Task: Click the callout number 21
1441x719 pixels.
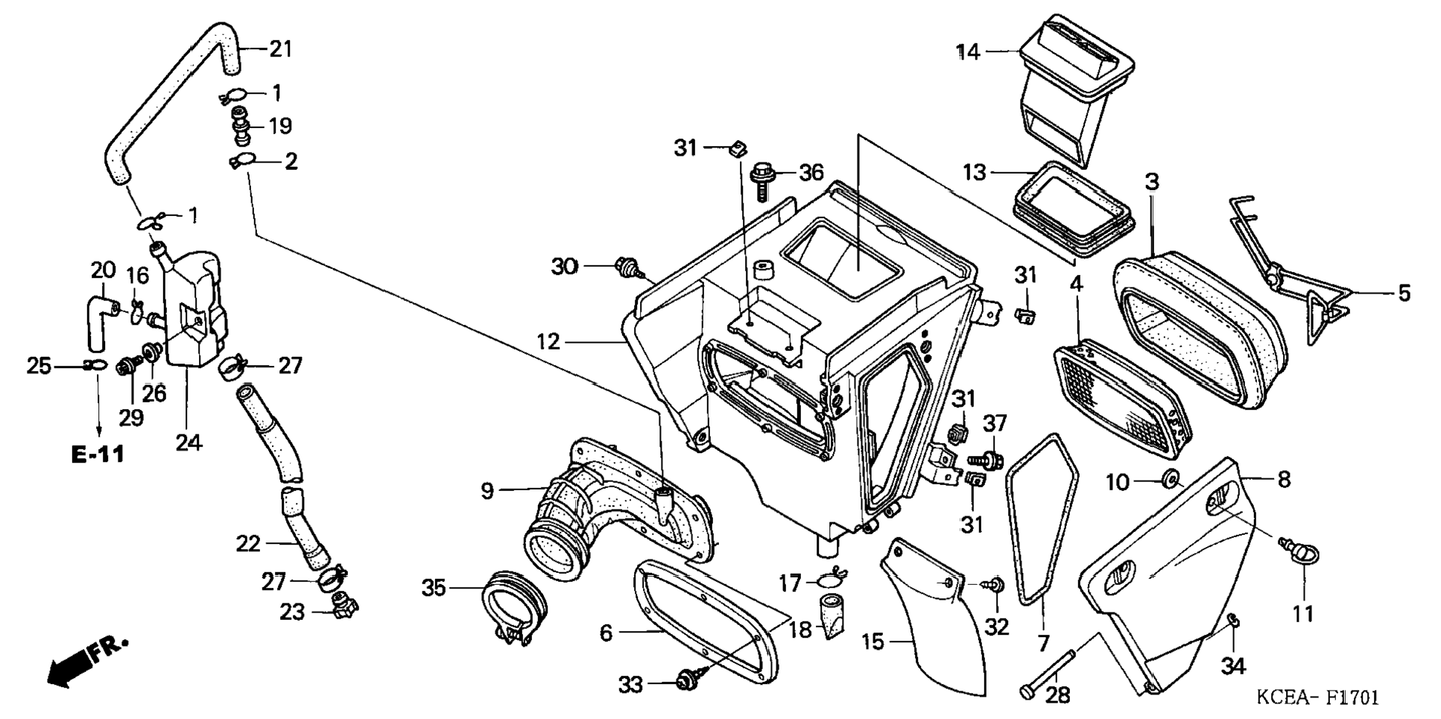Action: pyautogui.click(x=281, y=49)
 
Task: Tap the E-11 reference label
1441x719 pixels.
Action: pyautogui.click(x=98, y=454)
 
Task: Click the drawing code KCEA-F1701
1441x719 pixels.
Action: pyautogui.click(x=1317, y=697)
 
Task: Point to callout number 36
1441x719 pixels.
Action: pyautogui.click(x=811, y=173)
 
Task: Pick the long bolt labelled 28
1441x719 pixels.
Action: pyautogui.click(x=1049, y=674)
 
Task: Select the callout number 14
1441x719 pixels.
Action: pyautogui.click(x=969, y=52)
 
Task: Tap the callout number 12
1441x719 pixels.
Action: pyautogui.click(x=548, y=342)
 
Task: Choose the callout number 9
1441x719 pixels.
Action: pyautogui.click(x=487, y=491)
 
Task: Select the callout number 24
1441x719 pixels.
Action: pyautogui.click(x=189, y=443)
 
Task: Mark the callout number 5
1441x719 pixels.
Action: pyautogui.click(x=1404, y=293)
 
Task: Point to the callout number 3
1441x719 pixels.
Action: pyautogui.click(x=1152, y=181)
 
